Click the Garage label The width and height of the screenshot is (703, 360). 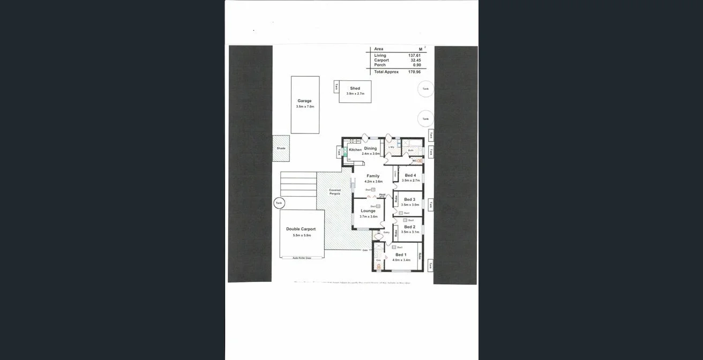tap(304, 101)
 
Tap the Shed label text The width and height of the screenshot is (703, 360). tap(355, 88)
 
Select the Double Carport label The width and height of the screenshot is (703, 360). tap(301, 229)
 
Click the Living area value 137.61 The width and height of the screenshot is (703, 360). tap(414, 55)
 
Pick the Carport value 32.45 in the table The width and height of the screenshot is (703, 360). tap(415, 60)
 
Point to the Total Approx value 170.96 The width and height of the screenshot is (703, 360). tap(414, 72)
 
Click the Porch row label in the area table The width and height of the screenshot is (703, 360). tap(379, 65)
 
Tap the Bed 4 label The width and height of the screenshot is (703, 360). tap(410, 175)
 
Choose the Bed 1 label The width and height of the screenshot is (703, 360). tap(401, 254)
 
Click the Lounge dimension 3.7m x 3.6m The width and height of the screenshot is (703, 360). tap(368, 216)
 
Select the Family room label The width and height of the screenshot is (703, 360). tap(373, 176)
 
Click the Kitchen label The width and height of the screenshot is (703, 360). tap(355, 149)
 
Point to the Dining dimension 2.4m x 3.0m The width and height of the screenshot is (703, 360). tap(370, 154)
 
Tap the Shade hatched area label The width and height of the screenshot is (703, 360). tap(281, 148)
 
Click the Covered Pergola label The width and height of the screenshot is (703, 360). tap(335, 192)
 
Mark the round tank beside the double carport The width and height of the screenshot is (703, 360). tap(279, 203)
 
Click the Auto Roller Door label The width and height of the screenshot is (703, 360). tap(302, 258)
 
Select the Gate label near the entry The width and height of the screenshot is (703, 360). tap(365, 250)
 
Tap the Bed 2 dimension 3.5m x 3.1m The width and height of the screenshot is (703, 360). tap(410, 232)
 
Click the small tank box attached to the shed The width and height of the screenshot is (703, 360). tap(336, 87)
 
